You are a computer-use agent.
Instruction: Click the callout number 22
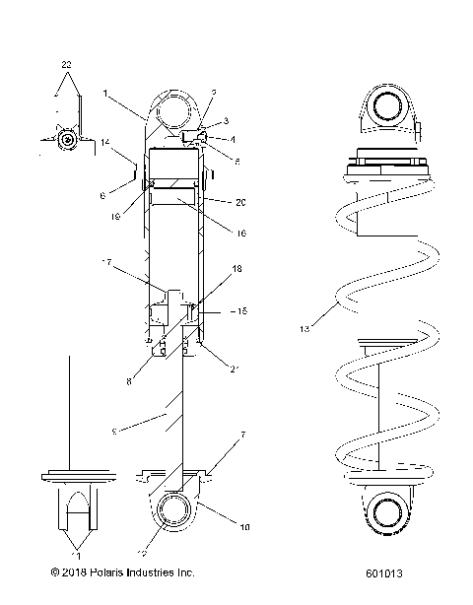pos(66,65)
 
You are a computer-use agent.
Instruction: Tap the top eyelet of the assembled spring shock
pos(383,106)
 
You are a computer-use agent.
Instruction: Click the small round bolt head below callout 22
pos(66,140)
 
